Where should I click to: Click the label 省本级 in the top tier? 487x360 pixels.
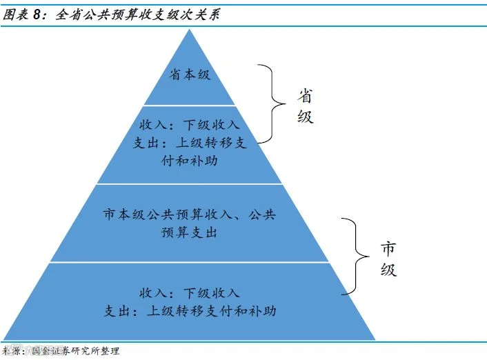pos(190,74)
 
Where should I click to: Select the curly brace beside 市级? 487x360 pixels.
pos(357,255)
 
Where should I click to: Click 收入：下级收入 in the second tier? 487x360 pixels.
pos(190,125)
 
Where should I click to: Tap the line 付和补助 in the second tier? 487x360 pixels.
pos(190,159)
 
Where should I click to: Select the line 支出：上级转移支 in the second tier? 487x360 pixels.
pos(190,142)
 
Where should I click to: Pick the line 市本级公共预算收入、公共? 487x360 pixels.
pos(190,215)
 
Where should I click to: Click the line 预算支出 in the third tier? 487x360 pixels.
pos(190,232)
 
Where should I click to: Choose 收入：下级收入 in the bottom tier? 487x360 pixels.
pos(190,292)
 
